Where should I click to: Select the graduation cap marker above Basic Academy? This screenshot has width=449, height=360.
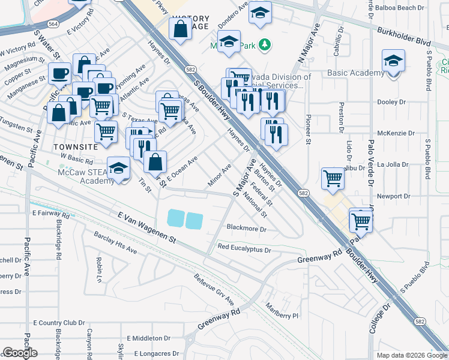click(x=393, y=62)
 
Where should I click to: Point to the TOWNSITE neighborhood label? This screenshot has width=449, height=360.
click(x=74, y=146)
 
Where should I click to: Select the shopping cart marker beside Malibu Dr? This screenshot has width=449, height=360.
click(x=333, y=178)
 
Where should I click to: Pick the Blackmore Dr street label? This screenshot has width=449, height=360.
click(x=246, y=229)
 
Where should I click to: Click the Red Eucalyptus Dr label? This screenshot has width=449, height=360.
click(x=244, y=248)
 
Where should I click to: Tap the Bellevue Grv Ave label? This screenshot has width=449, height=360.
click(x=214, y=290)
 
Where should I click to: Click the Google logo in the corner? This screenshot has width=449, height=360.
click(x=20, y=353)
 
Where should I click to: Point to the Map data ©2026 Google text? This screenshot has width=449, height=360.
click(x=411, y=355)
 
